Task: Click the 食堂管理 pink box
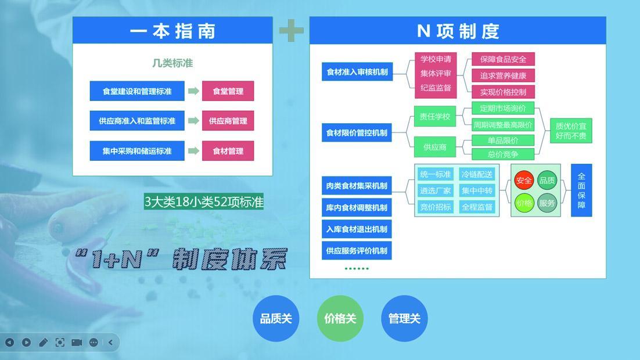coord(228,91)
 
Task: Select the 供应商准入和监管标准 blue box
coord(137,121)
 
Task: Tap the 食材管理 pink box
coord(228,151)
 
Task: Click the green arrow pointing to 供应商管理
coord(193,121)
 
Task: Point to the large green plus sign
coord(291,30)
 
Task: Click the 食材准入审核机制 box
coord(357,72)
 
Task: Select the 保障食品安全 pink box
coord(503,59)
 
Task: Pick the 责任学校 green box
coord(434,116)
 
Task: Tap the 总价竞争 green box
coord(503,154)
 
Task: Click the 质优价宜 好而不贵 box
coord(571,131)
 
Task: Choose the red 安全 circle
coord(524,181)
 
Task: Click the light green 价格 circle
coord(524,203)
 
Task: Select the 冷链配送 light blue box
coord(477,174)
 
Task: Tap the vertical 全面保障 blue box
coord(581,190)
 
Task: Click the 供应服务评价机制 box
coord(357,251)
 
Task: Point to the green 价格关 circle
coord(340,318)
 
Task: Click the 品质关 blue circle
coord(276,318)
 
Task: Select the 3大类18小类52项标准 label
coord(204,201)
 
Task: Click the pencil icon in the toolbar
coord(43,343)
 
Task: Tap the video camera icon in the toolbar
coord(77,343)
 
